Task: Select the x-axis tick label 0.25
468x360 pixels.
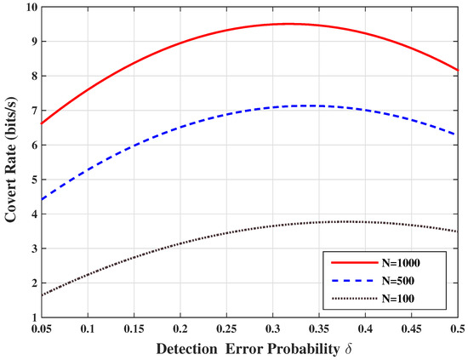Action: click(225, 328)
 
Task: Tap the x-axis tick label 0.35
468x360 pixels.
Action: click(318, 328)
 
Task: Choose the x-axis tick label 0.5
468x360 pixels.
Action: click(457, 328)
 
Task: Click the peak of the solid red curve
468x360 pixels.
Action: click(289, 24)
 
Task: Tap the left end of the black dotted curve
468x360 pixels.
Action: click(41, 295)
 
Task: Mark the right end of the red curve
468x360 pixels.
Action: click(458, 70)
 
